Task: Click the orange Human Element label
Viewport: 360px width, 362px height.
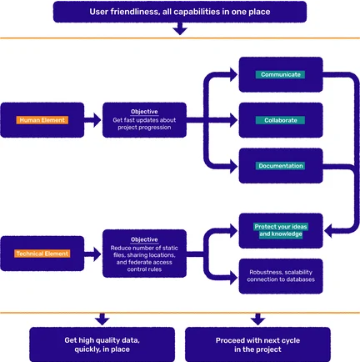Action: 42,120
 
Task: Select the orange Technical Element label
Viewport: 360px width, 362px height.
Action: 42,254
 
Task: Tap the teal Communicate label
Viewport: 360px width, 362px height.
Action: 280,74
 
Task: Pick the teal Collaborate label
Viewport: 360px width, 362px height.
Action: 280,120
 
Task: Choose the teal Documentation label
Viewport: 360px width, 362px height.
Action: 280,166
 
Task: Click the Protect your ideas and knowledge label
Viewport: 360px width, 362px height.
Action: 281,230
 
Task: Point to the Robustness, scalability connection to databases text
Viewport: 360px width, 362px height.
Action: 281,276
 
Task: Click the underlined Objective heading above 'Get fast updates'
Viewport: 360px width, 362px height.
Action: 144,112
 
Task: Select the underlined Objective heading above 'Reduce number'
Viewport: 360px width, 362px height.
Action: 144,239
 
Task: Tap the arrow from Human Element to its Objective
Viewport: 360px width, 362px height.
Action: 92,120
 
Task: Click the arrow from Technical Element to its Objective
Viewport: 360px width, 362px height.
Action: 92,254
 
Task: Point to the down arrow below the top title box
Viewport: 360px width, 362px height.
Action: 180,28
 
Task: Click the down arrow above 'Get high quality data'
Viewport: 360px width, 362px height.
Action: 102,319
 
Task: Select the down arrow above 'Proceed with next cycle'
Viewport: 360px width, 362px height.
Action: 257,319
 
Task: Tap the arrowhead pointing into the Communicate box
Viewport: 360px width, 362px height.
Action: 233,74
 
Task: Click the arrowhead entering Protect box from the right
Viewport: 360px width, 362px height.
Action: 328,231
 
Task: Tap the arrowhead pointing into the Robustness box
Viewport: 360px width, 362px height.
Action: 233,277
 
